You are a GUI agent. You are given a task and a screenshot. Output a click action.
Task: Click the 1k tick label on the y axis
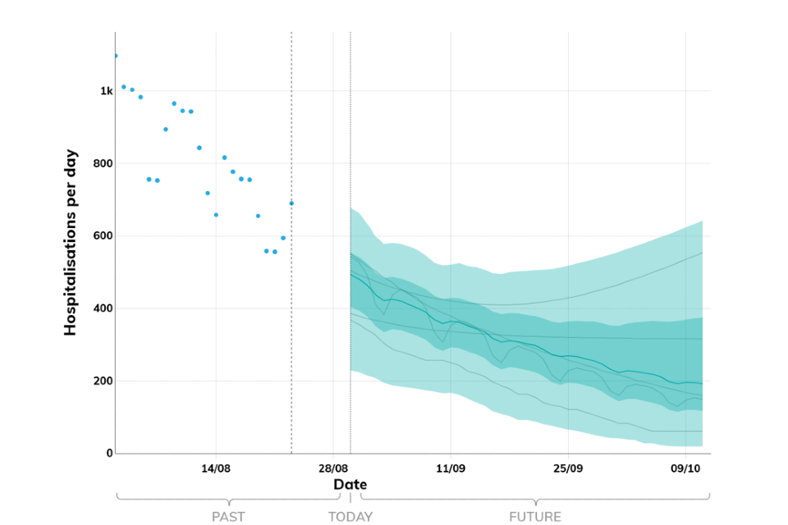point(107,91)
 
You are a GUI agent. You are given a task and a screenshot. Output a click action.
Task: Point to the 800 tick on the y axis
point(102,163)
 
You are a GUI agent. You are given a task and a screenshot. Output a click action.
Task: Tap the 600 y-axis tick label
point(102,236)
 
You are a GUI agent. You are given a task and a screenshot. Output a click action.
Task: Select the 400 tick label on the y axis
point(102,308)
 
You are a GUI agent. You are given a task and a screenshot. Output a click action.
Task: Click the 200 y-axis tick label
point(102,381)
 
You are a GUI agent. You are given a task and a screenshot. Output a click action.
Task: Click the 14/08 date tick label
point(216,468)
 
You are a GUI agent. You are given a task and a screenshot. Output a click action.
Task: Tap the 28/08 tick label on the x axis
point(333,468)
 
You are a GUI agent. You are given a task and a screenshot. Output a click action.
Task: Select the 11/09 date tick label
point(451,468)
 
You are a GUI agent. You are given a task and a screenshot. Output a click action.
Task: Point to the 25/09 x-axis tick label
point(568,468)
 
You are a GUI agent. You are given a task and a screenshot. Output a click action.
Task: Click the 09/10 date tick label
point(685,468)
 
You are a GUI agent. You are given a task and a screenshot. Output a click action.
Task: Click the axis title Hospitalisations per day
point(71,242)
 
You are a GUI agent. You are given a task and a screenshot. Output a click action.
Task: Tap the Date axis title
point(350,485)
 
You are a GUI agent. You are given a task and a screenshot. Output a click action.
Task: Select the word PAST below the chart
point(228,517)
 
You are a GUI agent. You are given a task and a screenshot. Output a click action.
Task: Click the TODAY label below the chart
point(350,517)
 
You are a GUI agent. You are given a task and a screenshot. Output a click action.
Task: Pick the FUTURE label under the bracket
point(535,517)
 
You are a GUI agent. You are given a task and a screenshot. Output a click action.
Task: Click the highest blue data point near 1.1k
point(116,56)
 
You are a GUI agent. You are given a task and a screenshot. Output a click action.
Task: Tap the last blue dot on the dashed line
point(291,203)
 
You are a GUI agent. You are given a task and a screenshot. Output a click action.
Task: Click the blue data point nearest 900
point(166,130)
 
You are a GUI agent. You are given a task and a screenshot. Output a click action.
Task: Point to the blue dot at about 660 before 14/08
point(216,215)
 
